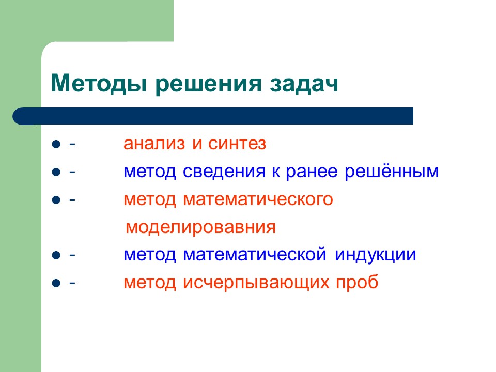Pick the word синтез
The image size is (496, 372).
pos(237,144)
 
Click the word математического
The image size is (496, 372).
pos(258,199)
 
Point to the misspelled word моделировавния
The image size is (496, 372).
pos(201,227)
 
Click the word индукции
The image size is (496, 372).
pos(375,255)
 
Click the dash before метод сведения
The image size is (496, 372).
pos(72,172)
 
